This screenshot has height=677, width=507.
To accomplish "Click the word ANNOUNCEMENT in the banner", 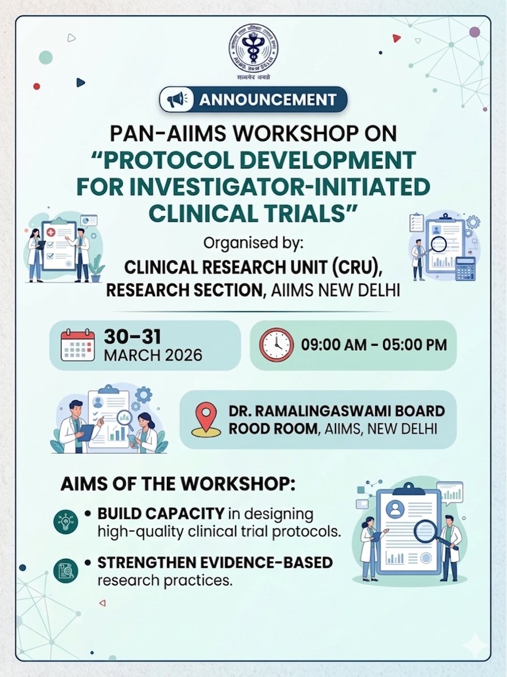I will [x=267, y=100].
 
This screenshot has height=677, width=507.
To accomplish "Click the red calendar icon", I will [x=78, y=345].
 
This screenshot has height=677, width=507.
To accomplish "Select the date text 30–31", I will [x=132, y=337].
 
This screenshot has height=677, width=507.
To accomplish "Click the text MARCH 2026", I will [x=153, y=356].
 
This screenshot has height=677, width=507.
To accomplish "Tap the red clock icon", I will [x=277, y=345].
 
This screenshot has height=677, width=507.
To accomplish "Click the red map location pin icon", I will [x=206, y=419].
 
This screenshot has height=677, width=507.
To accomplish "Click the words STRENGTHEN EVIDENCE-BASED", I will [x=215, y=563].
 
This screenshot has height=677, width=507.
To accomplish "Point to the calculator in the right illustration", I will [x=465, y=268].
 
